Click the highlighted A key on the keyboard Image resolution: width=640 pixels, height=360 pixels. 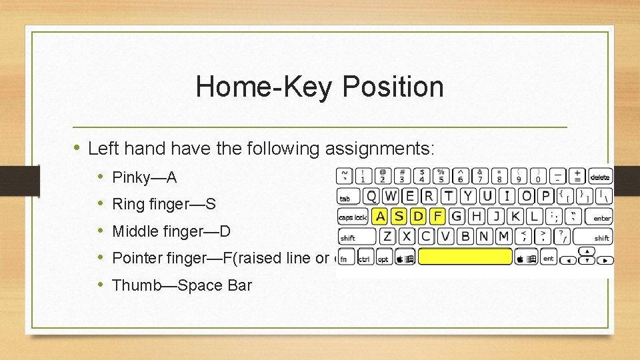[x=380, y=216]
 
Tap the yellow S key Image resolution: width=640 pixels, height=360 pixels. [x=399, y=216]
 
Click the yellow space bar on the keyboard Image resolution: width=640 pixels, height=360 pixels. [x=465, y=257]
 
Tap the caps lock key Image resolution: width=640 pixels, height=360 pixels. [x=353, y=217]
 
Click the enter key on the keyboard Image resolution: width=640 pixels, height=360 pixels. [x=601, y=217]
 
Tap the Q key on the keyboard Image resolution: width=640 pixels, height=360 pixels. [x=371, y=196]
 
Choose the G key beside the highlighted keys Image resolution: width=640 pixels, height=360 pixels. [x=457, y=216]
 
